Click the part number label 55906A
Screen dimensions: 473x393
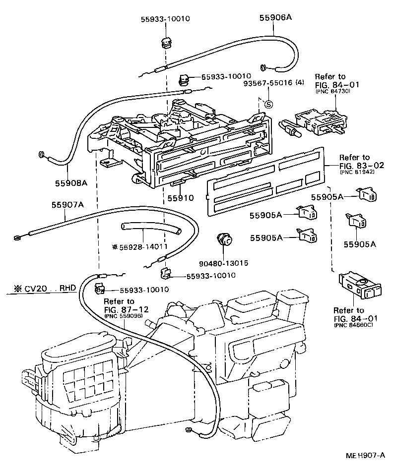[x=275, y=17]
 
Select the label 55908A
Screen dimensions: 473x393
[x=71, y=182]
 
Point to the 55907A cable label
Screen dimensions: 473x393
[x=67, y=204]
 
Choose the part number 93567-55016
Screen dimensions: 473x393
[x=268, y=82]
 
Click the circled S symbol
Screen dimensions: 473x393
[x=268, y=104]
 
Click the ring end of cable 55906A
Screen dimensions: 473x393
[x=263, y=66]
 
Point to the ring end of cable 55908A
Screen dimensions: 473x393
[x=40, y=154]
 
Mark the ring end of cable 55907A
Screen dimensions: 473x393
[x=18, y=237]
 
